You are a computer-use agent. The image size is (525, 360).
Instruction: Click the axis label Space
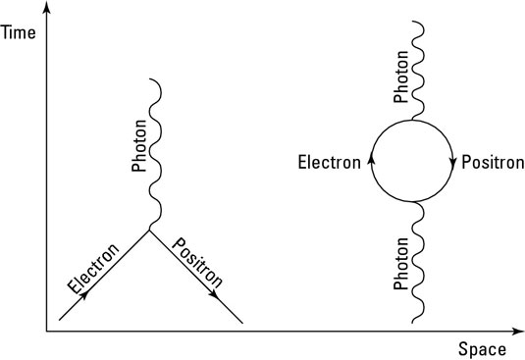481,348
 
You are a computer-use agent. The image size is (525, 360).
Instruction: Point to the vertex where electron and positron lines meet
149,231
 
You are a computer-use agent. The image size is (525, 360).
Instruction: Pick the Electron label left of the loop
330,161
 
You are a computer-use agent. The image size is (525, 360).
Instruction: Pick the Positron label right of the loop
492,161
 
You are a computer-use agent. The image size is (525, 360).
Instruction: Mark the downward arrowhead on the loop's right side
453,161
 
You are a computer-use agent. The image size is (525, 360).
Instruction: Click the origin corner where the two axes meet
46,332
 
